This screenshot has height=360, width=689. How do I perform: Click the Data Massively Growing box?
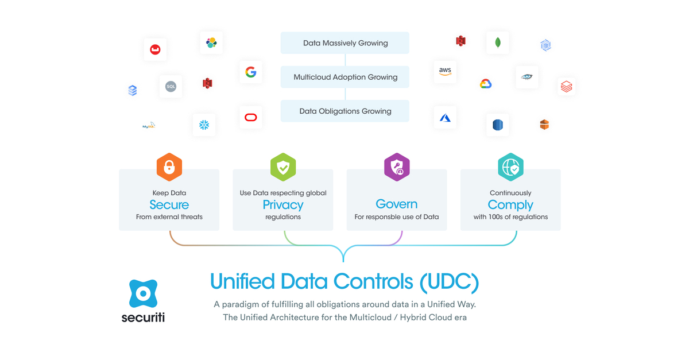[x=344, y=43]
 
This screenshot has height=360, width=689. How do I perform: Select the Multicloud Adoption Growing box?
[x=344, y=77]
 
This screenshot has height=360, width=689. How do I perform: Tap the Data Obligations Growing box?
[x=344, y=111]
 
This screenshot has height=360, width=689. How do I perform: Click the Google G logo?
[x=250, y=72]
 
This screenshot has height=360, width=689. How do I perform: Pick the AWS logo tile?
[x=445, y=71]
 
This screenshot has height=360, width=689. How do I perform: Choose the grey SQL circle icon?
[x=171, y=87]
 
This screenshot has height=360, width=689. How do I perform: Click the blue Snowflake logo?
[x=204, y=125]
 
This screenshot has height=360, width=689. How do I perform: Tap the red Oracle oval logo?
[x=250, y=118]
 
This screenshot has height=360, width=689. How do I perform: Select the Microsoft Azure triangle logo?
[x=445, y=118]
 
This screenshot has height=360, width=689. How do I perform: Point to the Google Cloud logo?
[x=486, y=84]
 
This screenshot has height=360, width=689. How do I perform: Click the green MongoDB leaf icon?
[x=497, y=42]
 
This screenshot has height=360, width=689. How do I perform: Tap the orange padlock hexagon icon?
[x=169, y=167]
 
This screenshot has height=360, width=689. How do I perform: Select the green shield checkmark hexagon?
[x=282, y=167]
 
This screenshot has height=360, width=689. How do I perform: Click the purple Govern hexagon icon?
[x=396, y=167]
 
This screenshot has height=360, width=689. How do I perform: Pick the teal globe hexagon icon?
[x=510, y=167]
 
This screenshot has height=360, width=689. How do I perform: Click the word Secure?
[x=169, y=204]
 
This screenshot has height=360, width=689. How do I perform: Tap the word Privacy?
[x=282, y=204]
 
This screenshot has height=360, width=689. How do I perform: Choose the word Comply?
[x=510, y=204]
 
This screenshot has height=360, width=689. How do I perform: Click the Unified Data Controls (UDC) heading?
[x=344, y=281]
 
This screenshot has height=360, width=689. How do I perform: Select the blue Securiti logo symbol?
[x=143, y=294]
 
